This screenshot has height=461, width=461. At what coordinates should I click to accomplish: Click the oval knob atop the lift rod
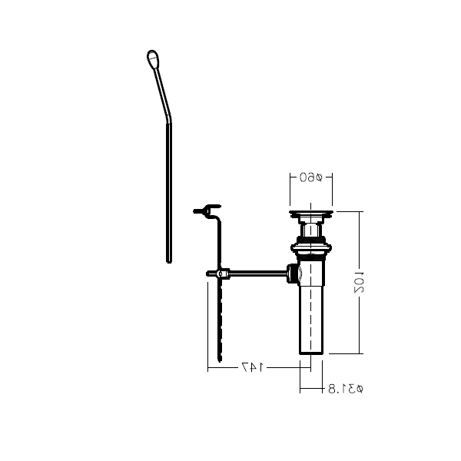(x=153, y=59)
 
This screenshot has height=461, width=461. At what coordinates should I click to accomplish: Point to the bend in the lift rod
(x=168, y=118)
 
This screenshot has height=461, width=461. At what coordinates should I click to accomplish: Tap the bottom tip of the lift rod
(x=169, y=262)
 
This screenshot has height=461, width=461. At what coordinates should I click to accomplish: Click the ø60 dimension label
(x=311, y=177)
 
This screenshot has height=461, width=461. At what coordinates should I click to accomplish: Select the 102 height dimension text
(x=359, y=283)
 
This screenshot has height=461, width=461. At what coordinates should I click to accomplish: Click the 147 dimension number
(x=253, y=367)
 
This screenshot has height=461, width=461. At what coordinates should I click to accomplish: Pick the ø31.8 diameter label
(x=346, y=389)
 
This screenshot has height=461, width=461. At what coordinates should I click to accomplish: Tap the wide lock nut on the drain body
(x=311, y=248)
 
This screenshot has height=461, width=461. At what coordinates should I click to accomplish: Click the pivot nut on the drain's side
(x=294, y=274)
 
